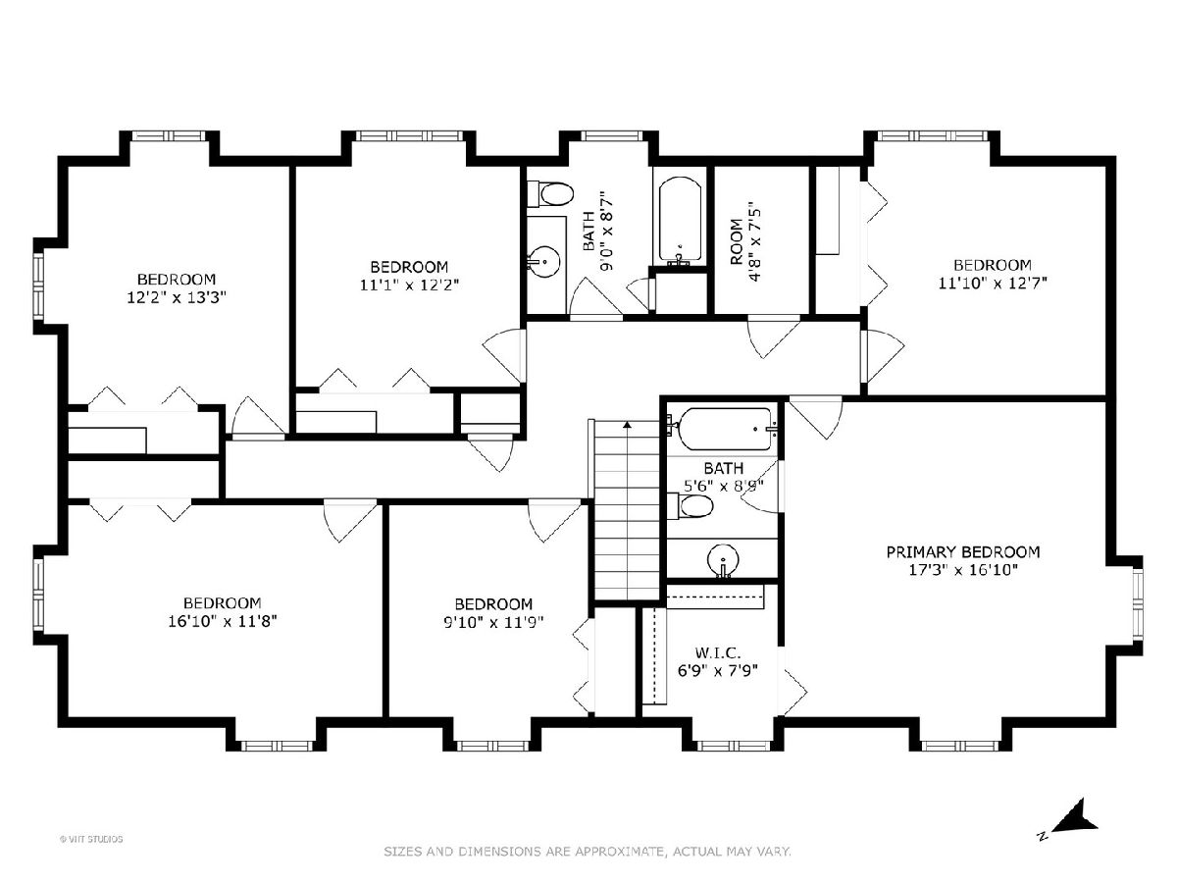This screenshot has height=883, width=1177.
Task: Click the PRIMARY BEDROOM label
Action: point(962,551)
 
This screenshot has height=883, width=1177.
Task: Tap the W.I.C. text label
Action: point(717,653)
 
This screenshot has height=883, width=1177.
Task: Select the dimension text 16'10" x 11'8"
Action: point(223,621)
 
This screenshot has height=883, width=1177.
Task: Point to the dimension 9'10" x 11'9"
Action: point(494,622)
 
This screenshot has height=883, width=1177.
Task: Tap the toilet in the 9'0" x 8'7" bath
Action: point(550,193)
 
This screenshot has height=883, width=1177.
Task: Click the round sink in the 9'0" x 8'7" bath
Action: point(544,262)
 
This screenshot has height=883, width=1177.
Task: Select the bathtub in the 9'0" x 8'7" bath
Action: point(680,221)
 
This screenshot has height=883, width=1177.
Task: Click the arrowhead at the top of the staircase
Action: point(627,425)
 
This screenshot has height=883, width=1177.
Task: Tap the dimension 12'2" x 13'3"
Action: point(177,297)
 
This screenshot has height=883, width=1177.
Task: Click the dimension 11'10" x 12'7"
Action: point(993,283)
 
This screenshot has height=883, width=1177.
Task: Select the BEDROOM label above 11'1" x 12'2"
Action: point(409,267)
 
